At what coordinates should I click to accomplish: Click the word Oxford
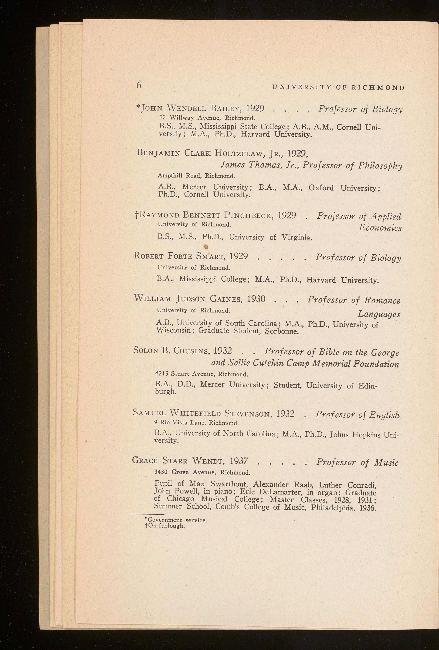pyautogui.click(x=321, y=188)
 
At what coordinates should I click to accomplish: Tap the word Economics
pyautogui.click(x=380, y=228)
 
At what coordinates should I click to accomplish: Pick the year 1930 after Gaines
pyautogui.click(x=256, y=299)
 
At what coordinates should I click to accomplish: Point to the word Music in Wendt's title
pyautogui.click(x=386, y=463)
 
